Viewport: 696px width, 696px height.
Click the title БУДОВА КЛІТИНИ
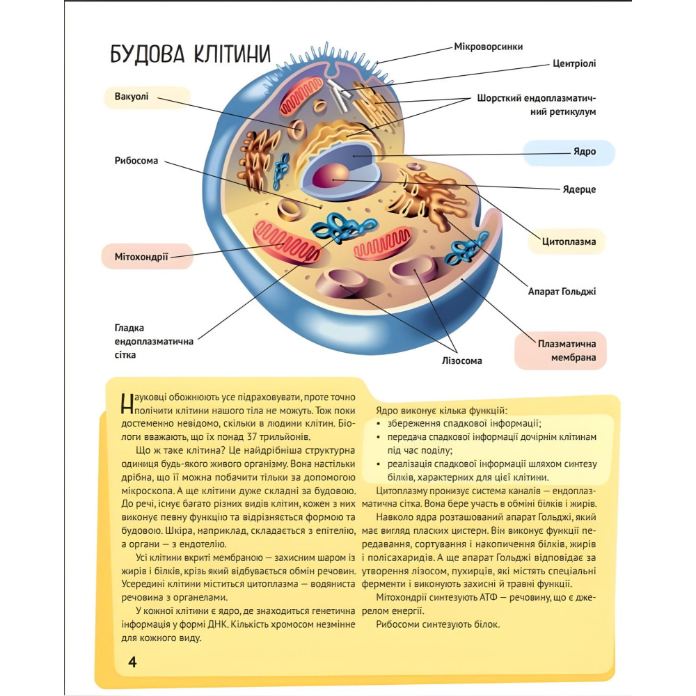click(x=191, y=55)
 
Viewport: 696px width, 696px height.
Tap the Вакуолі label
click(x=132, y=96)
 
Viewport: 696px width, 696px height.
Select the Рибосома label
click(x=136, y=161)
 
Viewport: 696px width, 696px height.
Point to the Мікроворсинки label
click(x=488, y=47)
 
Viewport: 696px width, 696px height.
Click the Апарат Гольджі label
click(x=561, y=292)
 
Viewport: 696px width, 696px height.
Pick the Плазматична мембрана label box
click(x=560, y=351)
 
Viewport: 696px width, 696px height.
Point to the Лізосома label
click(x=461, y=361)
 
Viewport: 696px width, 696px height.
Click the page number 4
click(x=132, y=662)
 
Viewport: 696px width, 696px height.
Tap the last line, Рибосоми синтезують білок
click(x=438, y=624)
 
